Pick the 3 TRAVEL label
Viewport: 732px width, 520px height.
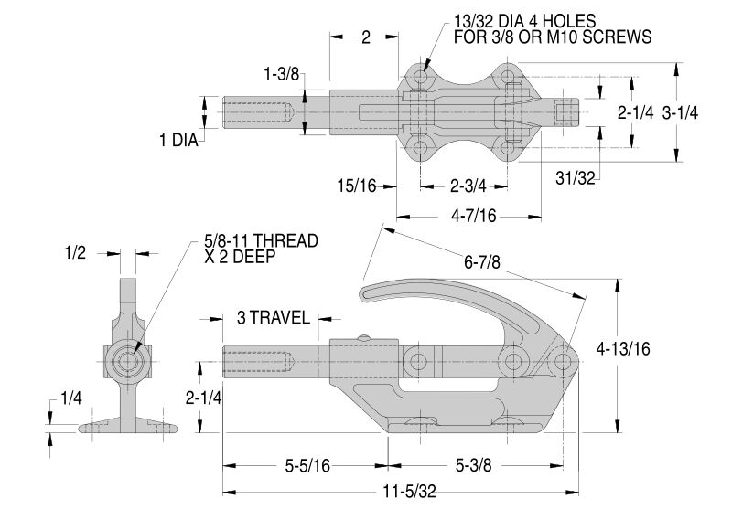(x=272, y=318)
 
